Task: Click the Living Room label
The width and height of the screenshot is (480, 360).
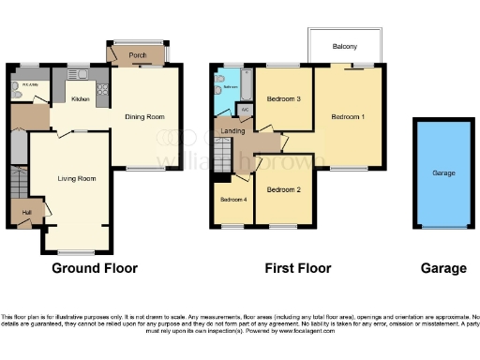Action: tap(77, 177)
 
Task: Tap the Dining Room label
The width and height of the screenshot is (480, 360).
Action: tap(144, 116)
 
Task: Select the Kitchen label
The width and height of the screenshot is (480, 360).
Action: tap(82, 97)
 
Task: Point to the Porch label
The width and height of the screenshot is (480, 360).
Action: tap(138, 55)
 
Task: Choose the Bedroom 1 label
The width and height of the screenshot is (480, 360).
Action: tap(348, 116)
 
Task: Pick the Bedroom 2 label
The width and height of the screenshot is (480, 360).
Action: tap(283, 189)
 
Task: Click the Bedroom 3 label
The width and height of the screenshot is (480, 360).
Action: tap(283, 98)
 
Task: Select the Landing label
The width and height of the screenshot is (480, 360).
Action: tap(233, 130)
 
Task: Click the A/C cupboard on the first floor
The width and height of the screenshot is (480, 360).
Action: tap(245, 110)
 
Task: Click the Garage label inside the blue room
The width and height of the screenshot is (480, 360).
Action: tap(443, 173)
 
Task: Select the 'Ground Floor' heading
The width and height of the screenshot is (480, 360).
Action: tap(94, 268)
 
